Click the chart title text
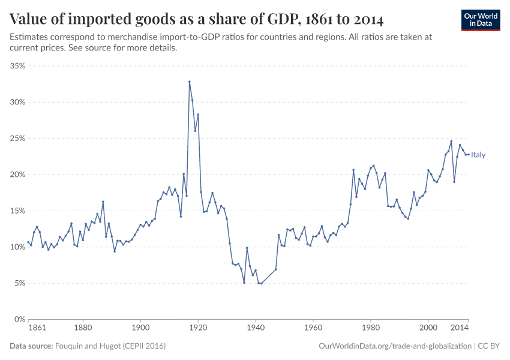[197, 19]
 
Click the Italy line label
[478, 155]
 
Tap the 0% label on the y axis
[19, 319]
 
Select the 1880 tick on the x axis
[83, 329]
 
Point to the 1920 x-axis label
[198, 329]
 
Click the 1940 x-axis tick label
[256, 329]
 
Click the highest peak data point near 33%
[190, 82]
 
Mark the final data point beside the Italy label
[469, 155]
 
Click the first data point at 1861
[28, 242]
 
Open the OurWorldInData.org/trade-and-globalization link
[394, 346]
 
